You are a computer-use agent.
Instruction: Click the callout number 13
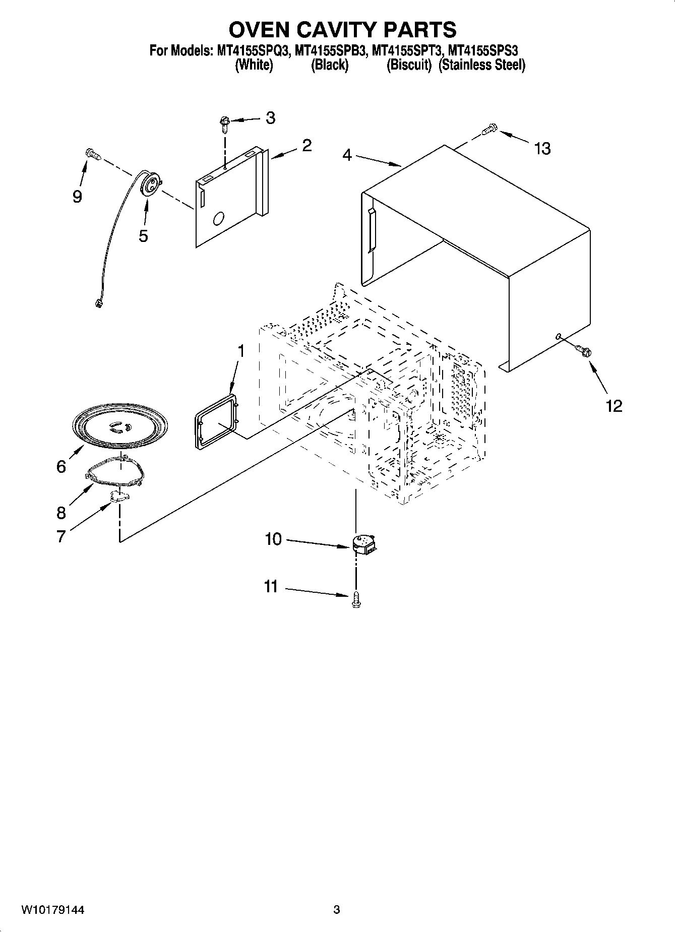point(542,149)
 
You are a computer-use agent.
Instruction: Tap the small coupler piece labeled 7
point(119,497)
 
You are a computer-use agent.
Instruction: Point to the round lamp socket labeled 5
point(150,183)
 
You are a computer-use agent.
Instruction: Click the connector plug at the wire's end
point(98,303)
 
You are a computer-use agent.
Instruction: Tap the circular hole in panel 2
point(219,219)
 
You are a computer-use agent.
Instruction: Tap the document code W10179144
point(52,910)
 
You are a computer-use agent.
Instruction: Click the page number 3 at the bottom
point(336,910)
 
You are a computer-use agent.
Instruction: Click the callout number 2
point(306,146)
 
